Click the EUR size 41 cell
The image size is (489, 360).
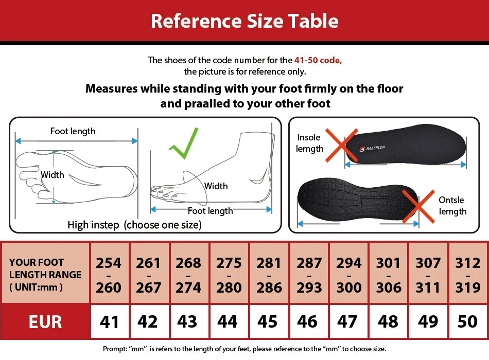(x=110, y=322)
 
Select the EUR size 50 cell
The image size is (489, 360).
(x=468, y=322)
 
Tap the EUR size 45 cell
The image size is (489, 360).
(x=268, y=322)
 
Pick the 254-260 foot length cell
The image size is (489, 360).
(x=109, y=275)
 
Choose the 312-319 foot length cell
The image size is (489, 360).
(x=468, y=275)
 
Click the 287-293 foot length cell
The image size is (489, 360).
(x=309, y=275)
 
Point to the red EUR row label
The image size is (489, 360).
(x=45, y=322)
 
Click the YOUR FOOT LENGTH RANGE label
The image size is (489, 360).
(x=45, y=275)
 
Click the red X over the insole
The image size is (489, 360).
(x=341, y=146)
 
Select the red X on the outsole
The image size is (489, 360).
(x=418, y=207)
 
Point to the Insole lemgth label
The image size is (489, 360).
(x=309, y=143)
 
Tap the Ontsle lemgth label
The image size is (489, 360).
(x=452, y=206)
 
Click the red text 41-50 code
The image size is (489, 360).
(x=318, y=60)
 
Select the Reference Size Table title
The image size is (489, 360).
(x=244, y=21)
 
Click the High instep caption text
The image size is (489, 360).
(x=134, y=225)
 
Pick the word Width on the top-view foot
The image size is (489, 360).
(x=53, y=175)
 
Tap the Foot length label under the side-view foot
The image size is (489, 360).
(x=210, y=211)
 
